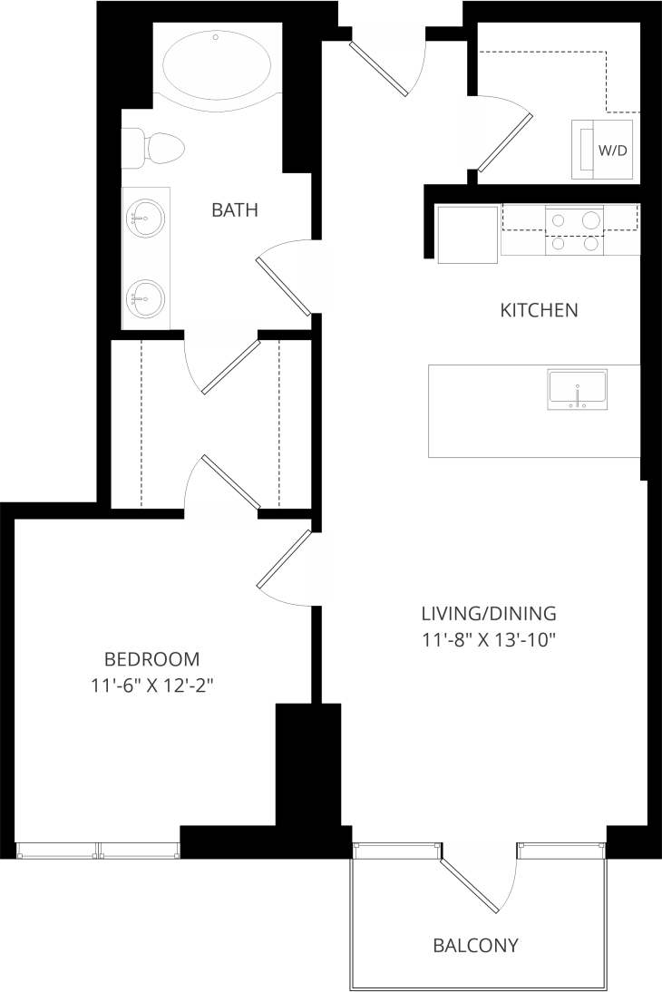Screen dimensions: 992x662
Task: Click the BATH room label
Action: pyautogui.click(x=235, y=210)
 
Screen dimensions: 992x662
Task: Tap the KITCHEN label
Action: pyautogui.click(x=539, y=311)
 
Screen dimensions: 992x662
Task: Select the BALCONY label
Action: pyautogui.click(x=475, y=946)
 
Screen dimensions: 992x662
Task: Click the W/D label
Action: pyautogui.click(x=612, y=150)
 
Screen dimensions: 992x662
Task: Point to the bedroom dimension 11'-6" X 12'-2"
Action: pyautogui.click(x=152, y=686)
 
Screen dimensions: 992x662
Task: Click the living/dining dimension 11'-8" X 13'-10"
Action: pyautogui.click(x=489, y=639)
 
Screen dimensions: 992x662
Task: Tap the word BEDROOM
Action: pyautogui.click(x=152, y=659)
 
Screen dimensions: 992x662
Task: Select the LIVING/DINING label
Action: pyautogui.click(x=489, y=613)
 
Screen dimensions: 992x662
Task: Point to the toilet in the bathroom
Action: pyautogui.click(x=154, y=148)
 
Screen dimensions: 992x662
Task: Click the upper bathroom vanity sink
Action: pyautogui.click(x=145, y=219)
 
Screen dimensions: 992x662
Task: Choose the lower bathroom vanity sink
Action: pyautogui.click(x=145, y=296)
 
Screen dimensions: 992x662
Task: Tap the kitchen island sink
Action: pyautogui.click(x=577, y=390)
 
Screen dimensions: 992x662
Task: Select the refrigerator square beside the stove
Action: pyautogui.click(x=467, y=234)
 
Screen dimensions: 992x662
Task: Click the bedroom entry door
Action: pyautogui.click(x=285, y=561)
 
